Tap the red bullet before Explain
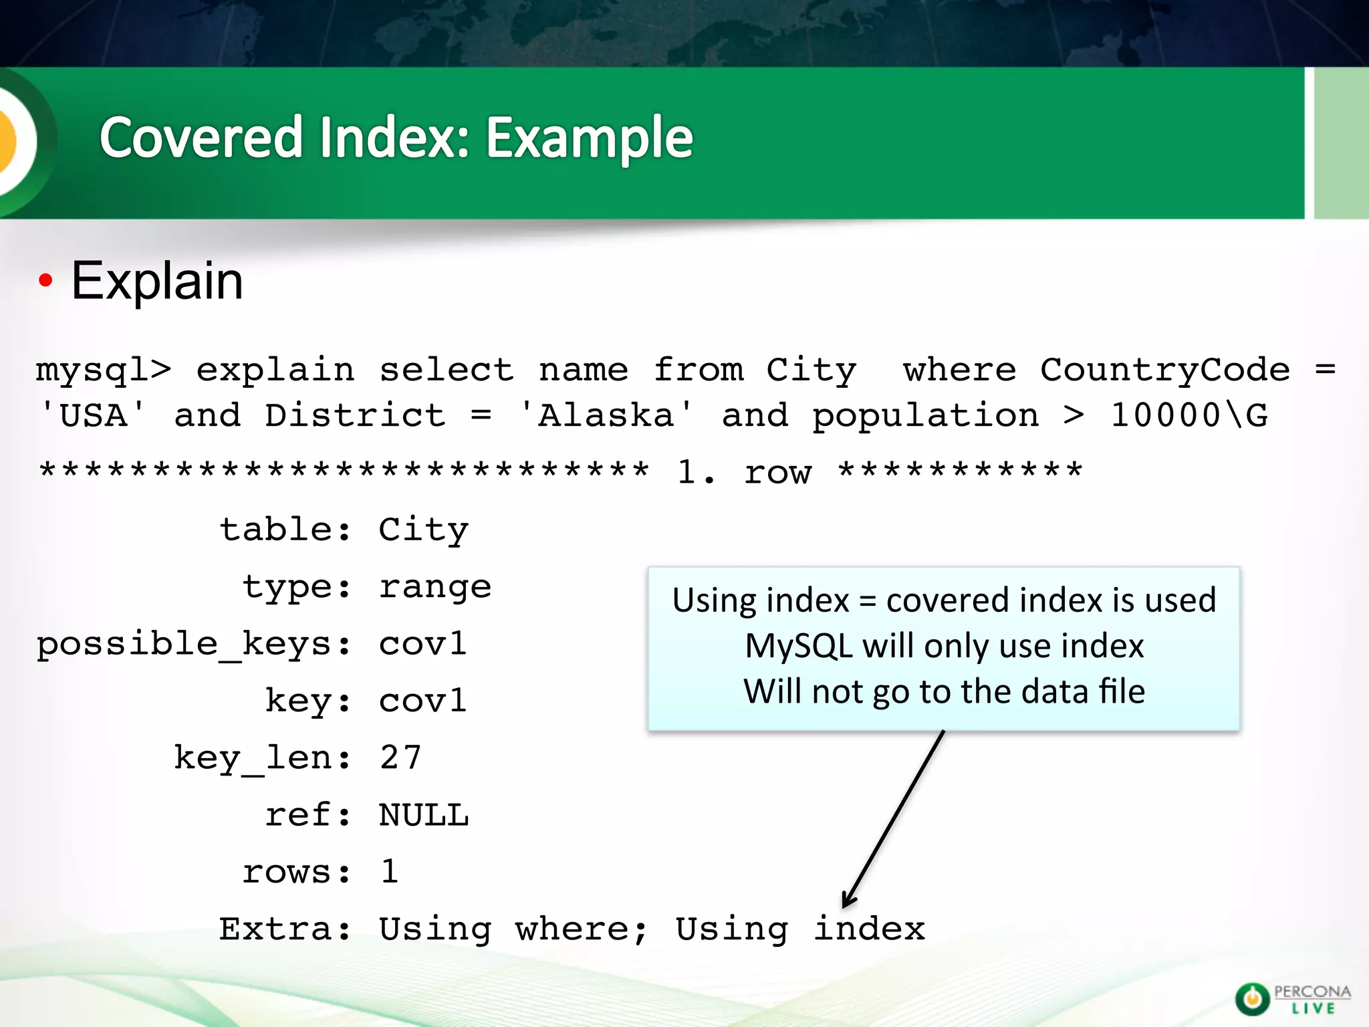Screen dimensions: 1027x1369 click(x=45, y=281)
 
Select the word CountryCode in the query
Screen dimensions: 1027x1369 click(x=1164, y=370)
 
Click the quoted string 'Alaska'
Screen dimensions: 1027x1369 click(x=606, y=415)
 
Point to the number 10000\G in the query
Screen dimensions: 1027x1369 click(x=1189, y=415)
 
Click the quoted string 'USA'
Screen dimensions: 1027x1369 click(x=93, y=415)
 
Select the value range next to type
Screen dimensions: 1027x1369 click(x=435, y=587)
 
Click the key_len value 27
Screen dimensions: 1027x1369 click(x=400, y=758)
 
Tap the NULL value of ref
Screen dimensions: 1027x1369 click(x=424, y=815)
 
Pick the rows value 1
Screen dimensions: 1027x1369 click(x=390, y=872)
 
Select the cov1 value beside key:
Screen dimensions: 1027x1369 click(x=422, y=701)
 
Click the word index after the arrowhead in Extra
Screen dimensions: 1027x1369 click(x=869, y=929)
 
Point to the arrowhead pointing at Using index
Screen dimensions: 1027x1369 click(x=848, y=901)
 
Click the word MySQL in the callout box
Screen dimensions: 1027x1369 click(x=799, y=647)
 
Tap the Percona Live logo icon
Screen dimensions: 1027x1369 click(x=1252, y=998)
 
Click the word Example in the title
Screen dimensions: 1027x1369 click(x=589, y=138)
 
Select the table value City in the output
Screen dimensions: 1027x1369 click(x=424, y=530)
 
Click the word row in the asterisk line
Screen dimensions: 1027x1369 click(x=777, y=473)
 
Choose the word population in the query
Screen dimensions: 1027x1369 click(x=925, y=417)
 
